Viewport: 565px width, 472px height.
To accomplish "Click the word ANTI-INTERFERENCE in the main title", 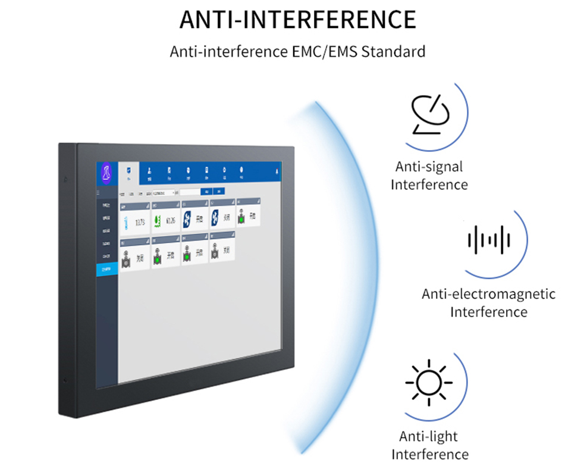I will click(297, 20).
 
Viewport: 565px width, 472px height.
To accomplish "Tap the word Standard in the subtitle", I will click(394, 51).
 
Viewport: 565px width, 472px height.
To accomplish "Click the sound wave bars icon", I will click(489, 239).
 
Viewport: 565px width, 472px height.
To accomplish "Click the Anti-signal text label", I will click(429, 167).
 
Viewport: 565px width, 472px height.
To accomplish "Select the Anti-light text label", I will click(428, 437).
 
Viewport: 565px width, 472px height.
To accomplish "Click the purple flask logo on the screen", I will click(106, 173).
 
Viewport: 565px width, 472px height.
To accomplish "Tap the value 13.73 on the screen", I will click(140, 223).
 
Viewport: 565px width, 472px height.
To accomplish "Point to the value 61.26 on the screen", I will click(171, 221).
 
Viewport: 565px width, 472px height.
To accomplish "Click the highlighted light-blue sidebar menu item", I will click(106, 269).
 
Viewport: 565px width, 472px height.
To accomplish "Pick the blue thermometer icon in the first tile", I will click(125, 223).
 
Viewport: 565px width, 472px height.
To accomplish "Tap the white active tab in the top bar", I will click(128, 173).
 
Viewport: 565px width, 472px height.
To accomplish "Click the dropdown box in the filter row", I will click(164, 193).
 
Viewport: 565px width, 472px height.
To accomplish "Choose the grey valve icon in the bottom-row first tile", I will click(126, 259).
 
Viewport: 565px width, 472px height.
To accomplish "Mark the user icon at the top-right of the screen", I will click(278, 171).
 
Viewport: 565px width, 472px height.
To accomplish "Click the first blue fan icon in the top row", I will click(187, 220).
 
